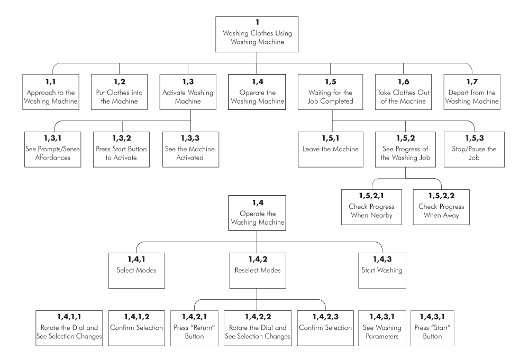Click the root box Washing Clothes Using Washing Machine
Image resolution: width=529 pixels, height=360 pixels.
coord(257,34)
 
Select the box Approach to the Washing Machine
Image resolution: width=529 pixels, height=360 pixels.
coord(51,92)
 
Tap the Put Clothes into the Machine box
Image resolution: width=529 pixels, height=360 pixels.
coord(119,92)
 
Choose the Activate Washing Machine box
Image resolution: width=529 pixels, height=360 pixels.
coord(188,92)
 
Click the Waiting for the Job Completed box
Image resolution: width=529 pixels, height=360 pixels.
coord(330,92)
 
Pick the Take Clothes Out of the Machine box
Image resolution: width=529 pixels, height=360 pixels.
coord(403,92)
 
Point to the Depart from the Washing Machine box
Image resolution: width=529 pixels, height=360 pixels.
coord(472,92)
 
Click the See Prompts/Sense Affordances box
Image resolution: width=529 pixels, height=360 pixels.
coord(52,149)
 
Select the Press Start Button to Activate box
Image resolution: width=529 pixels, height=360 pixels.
coord(122,149)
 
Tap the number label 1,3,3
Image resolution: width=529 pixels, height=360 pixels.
coord(190,138)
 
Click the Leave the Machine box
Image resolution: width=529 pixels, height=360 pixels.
coord(331,149)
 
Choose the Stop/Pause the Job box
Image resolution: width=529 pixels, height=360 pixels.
coord(474,149)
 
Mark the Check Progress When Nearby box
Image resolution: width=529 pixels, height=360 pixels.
coord(371,207)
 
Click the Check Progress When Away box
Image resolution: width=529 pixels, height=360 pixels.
coord(441,207)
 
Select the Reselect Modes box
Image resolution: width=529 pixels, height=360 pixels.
coord(258,271)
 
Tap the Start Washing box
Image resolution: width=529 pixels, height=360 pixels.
coord(382,271)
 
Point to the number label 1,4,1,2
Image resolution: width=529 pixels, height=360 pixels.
coord(136,317)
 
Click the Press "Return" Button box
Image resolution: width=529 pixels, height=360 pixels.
coord(194,328)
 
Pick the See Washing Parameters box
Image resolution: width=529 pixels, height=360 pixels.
coord(382,328)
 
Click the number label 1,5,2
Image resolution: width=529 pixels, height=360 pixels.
coord(406,138)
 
